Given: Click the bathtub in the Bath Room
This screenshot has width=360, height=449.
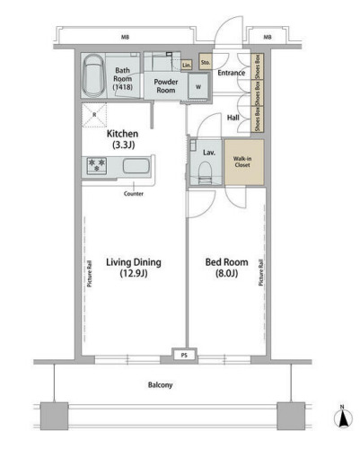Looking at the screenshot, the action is click(93, 75).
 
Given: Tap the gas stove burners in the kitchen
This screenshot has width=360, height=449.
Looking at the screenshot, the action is click(97, 166).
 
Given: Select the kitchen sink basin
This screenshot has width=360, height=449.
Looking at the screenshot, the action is click(136, 166).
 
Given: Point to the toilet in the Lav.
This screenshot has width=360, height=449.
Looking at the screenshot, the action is click(206, 172).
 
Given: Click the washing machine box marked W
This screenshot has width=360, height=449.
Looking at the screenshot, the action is click(198, 86).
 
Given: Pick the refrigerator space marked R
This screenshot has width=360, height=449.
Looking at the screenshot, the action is click(94, 115).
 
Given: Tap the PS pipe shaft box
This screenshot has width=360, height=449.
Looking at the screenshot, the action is click(184, 356).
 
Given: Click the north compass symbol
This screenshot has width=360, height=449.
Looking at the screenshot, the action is click(342, 418).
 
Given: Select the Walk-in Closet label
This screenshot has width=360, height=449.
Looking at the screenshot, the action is click(242, 162).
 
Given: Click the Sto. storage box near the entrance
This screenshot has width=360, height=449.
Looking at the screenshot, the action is click(206, 62).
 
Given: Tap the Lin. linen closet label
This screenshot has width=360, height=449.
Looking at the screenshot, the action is click(187, 65).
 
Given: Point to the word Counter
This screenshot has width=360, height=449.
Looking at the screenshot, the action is click(134, 194).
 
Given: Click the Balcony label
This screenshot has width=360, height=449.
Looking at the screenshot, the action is click(161, 385).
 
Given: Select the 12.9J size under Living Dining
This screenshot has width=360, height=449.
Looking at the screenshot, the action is click(134, 273).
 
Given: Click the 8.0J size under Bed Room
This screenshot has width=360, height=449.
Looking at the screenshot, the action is click(227, 273).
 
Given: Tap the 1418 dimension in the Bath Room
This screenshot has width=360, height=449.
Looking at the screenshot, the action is click(123, 87).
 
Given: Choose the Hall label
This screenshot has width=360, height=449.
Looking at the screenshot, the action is click(233, 118).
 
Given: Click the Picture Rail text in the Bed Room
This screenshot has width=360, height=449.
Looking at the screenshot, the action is click(260, 272).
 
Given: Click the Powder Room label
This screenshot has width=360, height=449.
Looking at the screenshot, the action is click(166, 86).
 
